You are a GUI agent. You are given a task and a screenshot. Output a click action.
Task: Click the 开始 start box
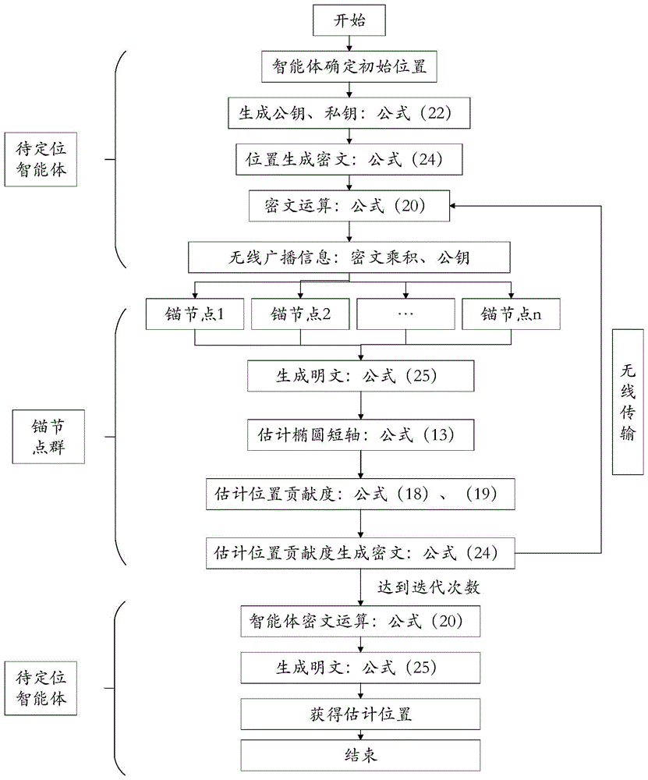[349, 21]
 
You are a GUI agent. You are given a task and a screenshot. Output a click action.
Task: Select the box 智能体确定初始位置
[349, 68]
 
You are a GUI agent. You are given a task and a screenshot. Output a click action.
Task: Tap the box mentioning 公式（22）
[349, 114]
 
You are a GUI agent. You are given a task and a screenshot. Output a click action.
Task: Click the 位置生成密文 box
[349, 160]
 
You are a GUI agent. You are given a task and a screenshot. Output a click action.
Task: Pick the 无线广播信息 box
[349, 256]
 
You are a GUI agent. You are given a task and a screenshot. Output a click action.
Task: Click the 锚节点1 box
[195, 314]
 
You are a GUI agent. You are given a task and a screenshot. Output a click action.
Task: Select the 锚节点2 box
[300, 314]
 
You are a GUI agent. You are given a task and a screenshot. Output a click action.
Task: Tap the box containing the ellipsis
[405, 314]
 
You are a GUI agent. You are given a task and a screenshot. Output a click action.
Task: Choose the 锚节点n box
[511, 314]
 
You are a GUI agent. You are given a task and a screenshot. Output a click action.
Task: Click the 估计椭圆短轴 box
[360, 434]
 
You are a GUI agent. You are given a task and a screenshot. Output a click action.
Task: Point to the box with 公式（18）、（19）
[360, 495]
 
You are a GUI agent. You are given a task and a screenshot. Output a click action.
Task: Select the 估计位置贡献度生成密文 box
[360, 553]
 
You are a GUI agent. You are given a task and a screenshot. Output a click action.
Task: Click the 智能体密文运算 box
[360, 622]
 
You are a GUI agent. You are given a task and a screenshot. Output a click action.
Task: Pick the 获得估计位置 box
[360, 714]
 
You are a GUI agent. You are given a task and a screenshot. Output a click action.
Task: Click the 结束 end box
[360, 756]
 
